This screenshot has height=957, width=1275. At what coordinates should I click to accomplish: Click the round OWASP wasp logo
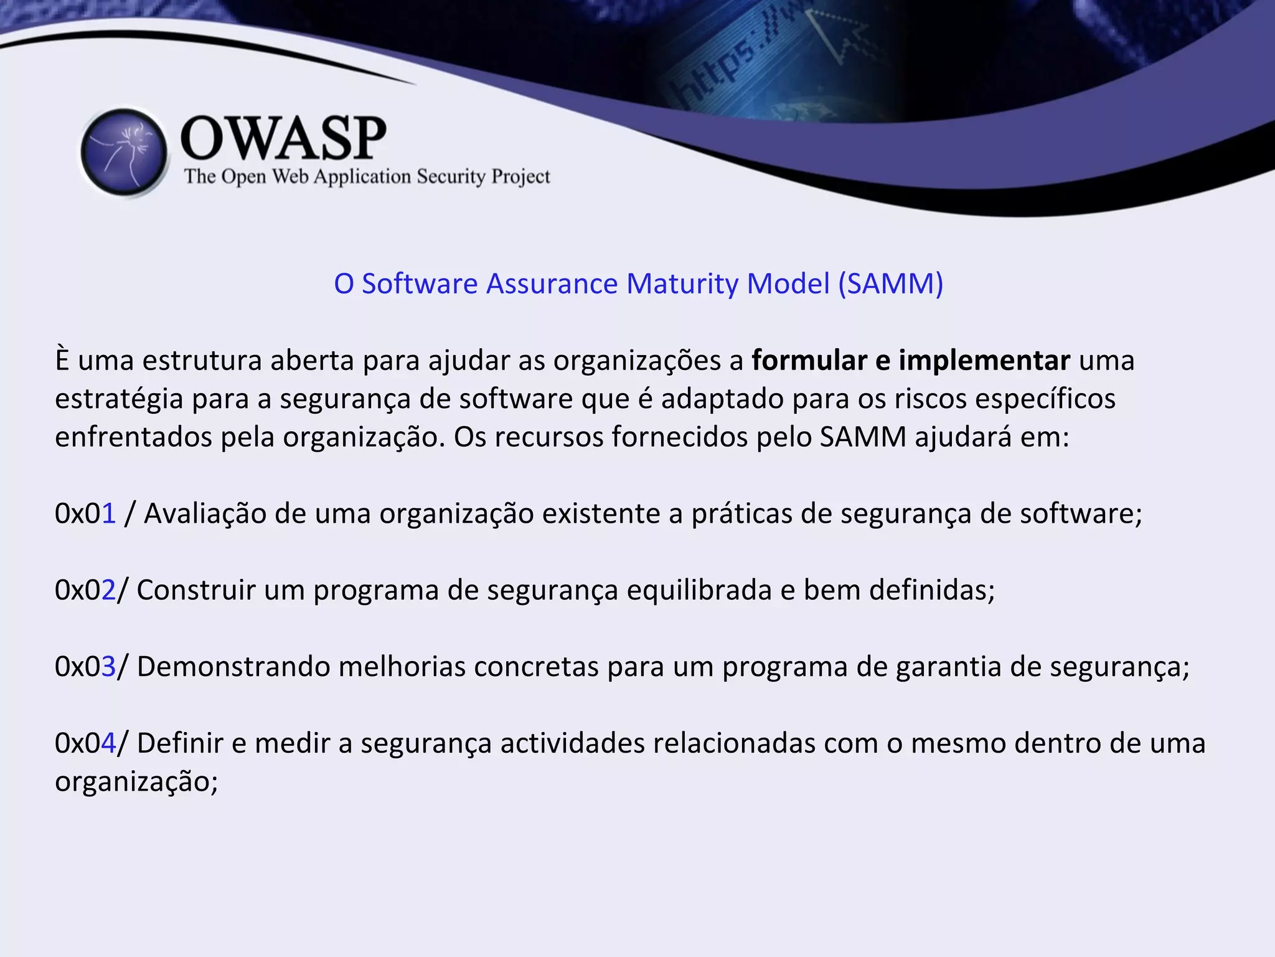coord(125,152)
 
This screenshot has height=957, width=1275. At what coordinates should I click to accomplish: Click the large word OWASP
coord(283,138)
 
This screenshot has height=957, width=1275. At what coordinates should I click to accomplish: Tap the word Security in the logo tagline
coord(451,177)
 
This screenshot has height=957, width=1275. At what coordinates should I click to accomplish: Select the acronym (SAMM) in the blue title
coord(890,284)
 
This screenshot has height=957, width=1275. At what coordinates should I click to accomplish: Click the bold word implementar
coord(984,361)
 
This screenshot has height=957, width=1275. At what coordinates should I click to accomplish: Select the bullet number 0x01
coord(85,514)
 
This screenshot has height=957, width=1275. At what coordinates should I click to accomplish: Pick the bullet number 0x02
coord(85,590)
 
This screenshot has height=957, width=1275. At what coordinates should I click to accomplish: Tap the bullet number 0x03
coord(85,667)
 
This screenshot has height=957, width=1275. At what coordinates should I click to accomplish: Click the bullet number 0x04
coord(85,743)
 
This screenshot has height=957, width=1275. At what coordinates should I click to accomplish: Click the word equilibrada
coord(699,590)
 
